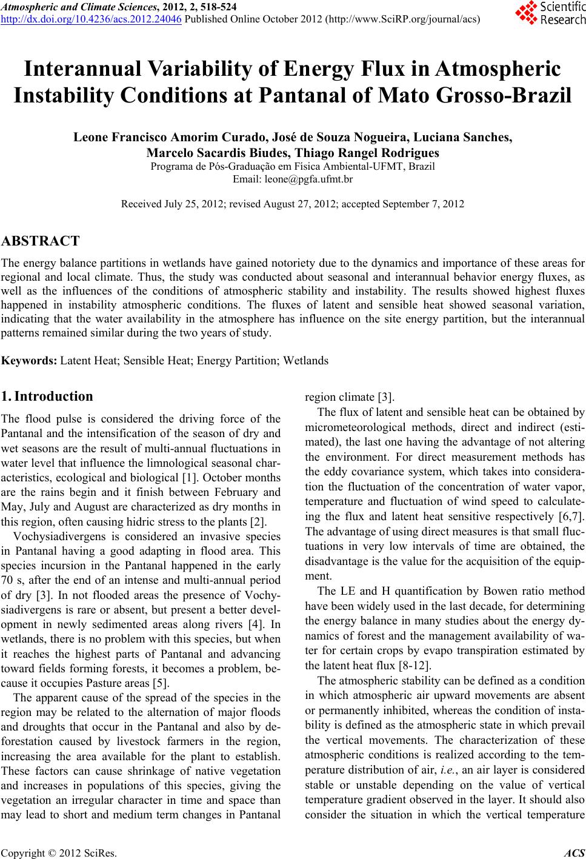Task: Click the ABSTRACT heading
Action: (41, 241)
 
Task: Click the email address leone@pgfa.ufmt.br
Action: (293, 179)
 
